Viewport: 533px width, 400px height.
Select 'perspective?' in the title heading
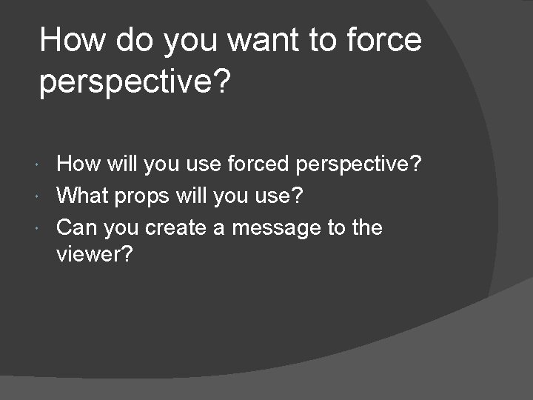pos(135,82)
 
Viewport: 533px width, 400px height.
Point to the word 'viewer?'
pos(94,255)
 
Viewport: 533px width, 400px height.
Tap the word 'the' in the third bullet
pos(366,227)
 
